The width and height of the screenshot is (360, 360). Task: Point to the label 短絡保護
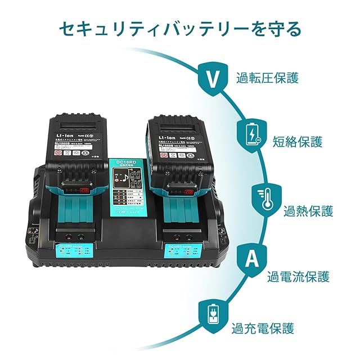(298, 141)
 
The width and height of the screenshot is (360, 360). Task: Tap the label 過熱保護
(308, 211)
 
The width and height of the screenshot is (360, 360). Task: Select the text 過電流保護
(298, 277)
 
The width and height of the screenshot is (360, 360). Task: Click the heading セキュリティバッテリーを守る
(179, 28)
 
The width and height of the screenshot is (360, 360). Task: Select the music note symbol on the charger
(120, 179)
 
